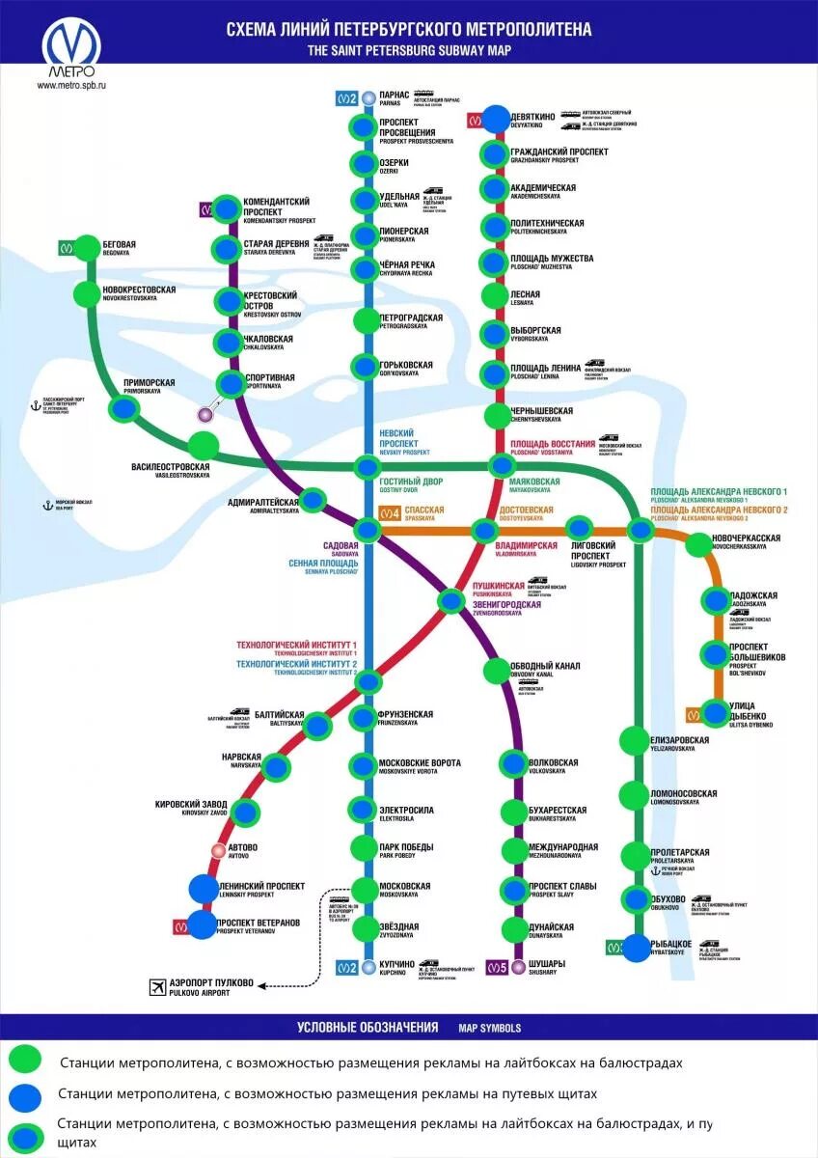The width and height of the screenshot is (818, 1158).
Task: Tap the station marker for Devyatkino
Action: pyautogui.click(x=496, y=118)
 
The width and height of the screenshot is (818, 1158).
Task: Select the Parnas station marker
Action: pyautogui.click(x=368, y=97)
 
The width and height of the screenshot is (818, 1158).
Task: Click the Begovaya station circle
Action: pyautogui.click(x=88, y=247)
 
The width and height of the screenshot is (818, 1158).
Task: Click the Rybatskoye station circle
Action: pyautogui.click(x=637, y=948)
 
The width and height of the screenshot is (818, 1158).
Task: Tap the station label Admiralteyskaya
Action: pyautogui.click(x=262, y=503)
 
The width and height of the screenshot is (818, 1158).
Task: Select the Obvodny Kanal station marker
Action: pyautogui.click(x=496, y=669)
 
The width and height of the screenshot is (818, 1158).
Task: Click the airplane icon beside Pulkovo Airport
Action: pyautogui.click(x=157, y=984)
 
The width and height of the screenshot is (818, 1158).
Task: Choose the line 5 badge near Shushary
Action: pyautogui.click(x=497, y=966)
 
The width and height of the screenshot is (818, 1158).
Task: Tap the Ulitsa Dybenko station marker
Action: pyautogui.click(x=715, y=713)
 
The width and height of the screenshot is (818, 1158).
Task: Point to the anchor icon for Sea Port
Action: pyautogui.click(x=44, y=505)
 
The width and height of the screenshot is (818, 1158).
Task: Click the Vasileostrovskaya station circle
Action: pyautogui.click(x=204, y=446)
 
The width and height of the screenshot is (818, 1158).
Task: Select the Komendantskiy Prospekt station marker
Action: pyautogui.click(x=226, y=208)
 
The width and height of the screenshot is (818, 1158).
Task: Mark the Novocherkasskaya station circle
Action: pyautogui.click(x=697, y=545)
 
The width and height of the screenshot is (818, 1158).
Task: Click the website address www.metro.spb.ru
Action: pyautogui.click(x=70, y=85)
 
